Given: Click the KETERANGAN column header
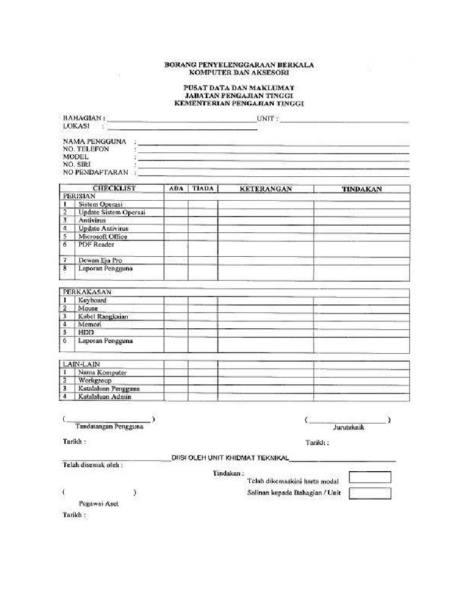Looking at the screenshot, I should (x=265, y=189).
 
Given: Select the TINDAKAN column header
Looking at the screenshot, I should (x=361, y=189).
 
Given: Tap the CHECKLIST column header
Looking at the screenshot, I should (x=114, y=188).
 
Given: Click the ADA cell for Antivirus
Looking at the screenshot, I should (x=176, y=220).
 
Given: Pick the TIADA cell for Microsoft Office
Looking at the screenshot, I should (x=203, y=236).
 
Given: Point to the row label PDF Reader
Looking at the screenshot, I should (x=96, y=245).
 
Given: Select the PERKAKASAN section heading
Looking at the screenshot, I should (x=87, y=292).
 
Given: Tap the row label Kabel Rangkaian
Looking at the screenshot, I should (x=103, y=317).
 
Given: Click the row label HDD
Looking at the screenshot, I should (x=86, y=332).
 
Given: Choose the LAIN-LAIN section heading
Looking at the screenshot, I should (x=82, y=364).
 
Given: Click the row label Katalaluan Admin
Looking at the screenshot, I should (x=104, y=397).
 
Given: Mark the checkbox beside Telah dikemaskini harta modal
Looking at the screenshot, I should (x=370, y=477).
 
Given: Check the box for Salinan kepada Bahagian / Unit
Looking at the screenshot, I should (x=370, y=493).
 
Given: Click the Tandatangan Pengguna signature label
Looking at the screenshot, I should (x=109, y=427).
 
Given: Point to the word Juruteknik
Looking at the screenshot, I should (x=349, y=427).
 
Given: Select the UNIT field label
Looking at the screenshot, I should (x=266, y=119).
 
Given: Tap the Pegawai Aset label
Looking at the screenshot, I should (x=98, y=503).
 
